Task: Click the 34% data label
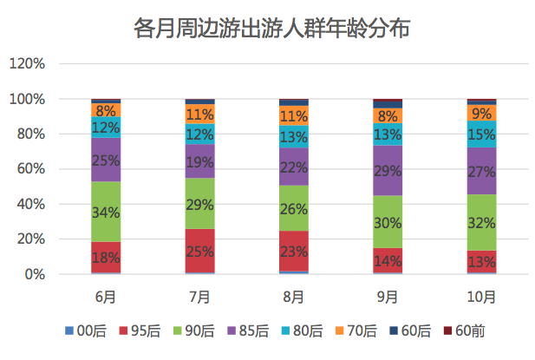[106, 213]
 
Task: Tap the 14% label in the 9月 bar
[388, 261]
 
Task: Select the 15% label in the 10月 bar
[481, 134]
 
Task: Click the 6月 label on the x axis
[106, 297]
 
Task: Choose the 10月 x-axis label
[481, 297]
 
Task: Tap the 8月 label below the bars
[294, 297]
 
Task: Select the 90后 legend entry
[199, 331]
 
